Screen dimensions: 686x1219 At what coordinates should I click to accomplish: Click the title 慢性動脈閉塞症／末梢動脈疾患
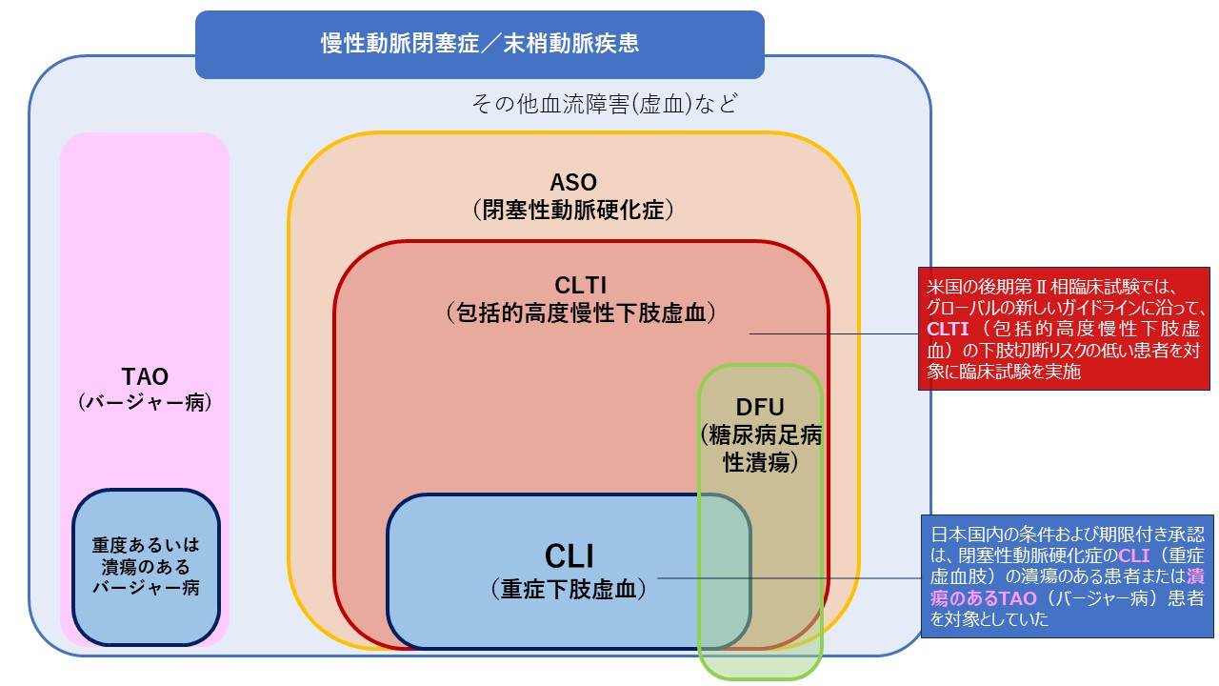point(479,44)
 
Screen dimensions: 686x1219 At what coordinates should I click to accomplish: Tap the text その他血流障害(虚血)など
point(605,103)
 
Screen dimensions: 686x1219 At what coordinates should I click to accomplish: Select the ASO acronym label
point(573,182)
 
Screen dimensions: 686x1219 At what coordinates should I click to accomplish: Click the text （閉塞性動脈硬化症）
point(573,211)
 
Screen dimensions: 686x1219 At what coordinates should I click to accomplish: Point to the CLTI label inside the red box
point(580,285)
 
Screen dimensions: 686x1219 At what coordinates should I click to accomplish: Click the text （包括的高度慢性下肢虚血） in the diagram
point(580,313)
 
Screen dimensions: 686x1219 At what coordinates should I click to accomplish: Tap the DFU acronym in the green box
point(760,407)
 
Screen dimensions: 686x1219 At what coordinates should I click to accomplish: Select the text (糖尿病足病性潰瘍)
point(760,449)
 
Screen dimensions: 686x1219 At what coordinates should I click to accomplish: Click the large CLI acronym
point(569,555)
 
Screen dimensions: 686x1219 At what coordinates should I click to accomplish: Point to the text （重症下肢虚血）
point(569,590)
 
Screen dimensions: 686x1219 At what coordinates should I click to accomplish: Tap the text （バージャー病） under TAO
point(145,402)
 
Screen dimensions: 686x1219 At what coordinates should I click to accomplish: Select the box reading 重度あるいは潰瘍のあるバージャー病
point(146,566)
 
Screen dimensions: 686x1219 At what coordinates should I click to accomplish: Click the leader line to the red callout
point(834,333)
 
